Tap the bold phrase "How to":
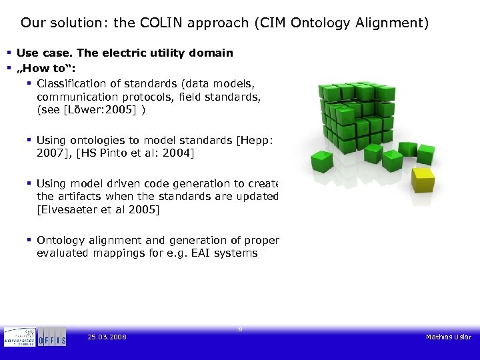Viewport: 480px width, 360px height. point(43,68)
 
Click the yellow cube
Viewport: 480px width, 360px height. point(422,180)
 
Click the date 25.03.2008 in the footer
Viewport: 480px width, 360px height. point(107,337)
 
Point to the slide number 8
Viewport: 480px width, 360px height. point(240,328)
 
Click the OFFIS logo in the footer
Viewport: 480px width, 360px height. point(52,338)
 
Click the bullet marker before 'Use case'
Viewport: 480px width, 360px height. point(9,53)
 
